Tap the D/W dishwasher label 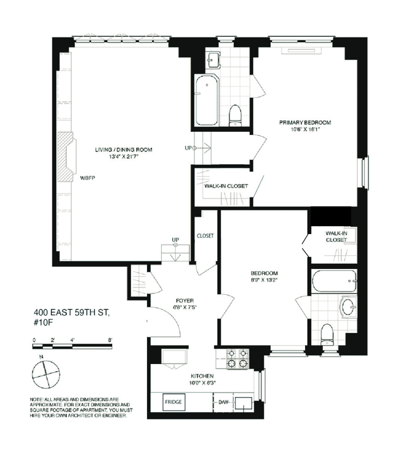click(223, 403)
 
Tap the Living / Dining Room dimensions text click(124, 157)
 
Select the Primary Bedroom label click(305, 123)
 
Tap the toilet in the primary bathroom click(235, 115)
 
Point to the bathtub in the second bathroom click(334, 281)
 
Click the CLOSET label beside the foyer click(205, 236)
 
